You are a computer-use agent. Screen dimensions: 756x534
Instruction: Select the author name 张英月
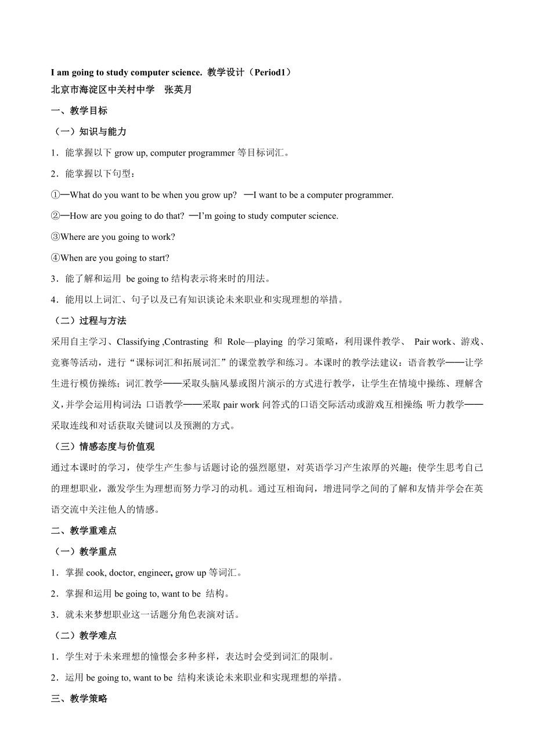tap(178, 90)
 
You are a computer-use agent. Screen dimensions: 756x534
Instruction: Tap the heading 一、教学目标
tap(79, 111)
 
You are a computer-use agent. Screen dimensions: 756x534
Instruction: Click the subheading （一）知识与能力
tap(89, 132)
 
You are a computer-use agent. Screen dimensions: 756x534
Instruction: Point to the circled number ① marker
tap(55, 195)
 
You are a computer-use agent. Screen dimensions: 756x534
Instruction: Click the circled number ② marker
tap(55, 216)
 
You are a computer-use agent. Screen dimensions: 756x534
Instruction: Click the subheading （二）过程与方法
tap(89, 321)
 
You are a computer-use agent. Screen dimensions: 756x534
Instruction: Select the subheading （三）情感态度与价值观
tap(103, 447)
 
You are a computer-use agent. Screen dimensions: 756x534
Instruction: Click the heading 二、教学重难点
tap(84, 531)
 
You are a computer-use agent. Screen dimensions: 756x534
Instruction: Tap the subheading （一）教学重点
tap(84, 552)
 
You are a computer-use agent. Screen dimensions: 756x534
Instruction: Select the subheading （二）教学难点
tap(84, 636)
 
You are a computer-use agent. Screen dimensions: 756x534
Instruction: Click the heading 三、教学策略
tap(79, 699)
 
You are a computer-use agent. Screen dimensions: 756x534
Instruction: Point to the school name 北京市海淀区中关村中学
tap(103, 90)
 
